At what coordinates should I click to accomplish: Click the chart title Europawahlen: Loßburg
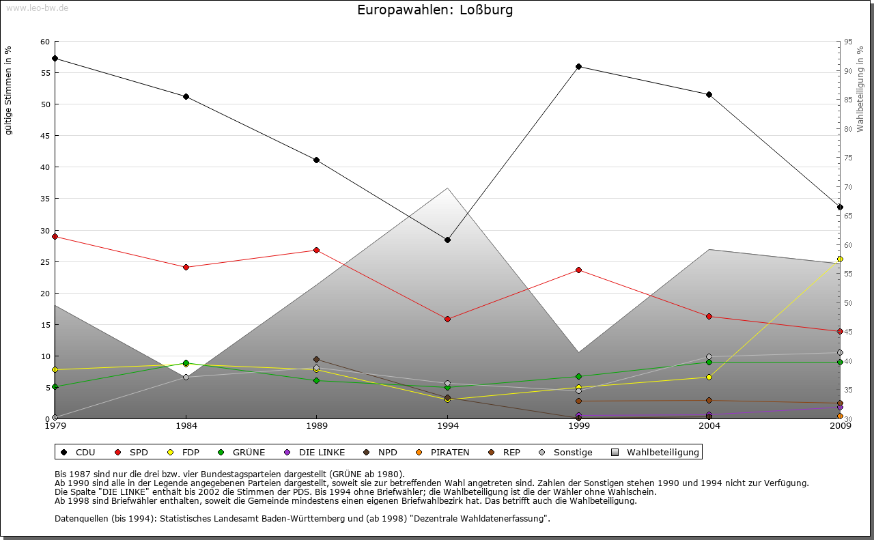(435, 10)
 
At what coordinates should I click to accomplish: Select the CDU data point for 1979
(55, 59)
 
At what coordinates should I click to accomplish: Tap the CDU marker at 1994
(447, 240)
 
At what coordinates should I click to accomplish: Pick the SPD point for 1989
(316, 251)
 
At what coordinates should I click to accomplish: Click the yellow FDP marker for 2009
(840, 259)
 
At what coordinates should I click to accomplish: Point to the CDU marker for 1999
(578, 67)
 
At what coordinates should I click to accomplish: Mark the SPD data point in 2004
(709, 317)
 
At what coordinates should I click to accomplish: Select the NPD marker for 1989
(316, 360)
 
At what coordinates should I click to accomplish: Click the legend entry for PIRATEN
(443, 452)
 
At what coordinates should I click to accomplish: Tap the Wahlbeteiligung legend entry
(655, 452)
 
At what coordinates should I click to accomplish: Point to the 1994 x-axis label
(448, 427)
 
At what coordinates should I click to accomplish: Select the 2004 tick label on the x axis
(709, 427)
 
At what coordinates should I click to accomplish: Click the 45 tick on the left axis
(45, 136)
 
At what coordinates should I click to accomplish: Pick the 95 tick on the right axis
(847, 42)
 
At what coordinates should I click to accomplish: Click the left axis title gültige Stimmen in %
(9, 91)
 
